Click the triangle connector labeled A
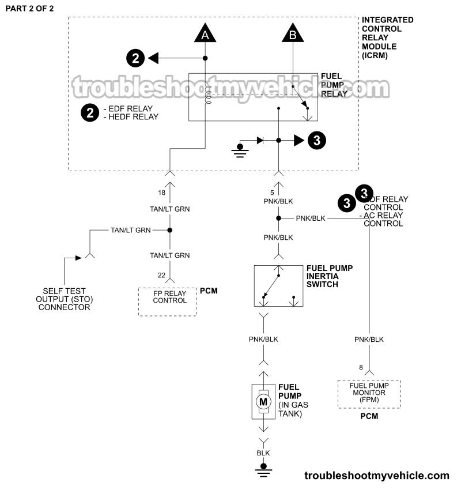click(205, 35)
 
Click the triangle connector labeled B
click(293, 35)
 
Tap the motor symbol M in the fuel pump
click(263, 401)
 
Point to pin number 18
click(161, 192)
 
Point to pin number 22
click(161, 276)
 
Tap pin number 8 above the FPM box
click(361, 367)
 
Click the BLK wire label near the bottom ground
click(263, 453)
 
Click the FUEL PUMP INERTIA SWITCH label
click(329, 276)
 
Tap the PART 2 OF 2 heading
click(29, 9)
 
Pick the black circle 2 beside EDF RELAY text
click(89, 112)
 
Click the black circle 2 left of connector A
click(135, 58)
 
